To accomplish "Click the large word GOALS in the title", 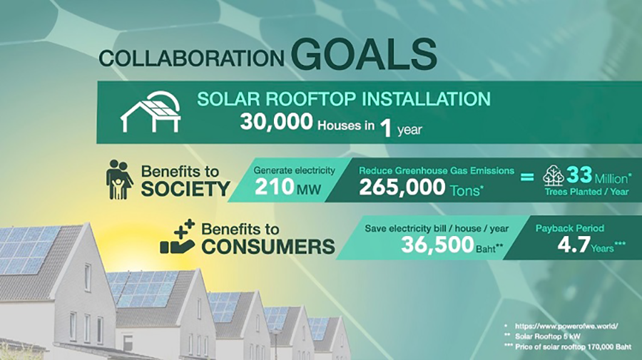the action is click(x=364, y=54).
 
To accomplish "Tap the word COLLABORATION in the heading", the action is click(x=192, y=58).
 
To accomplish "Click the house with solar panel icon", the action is click(x=151, y=112).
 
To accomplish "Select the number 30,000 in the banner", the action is click(x=276, y=121).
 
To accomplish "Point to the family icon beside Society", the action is click(x=119, y=180).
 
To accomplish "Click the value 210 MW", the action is click(x=287, y=187).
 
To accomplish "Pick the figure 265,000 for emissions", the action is click(x=402, y=187).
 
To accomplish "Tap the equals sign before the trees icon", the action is click(x=527, y=177).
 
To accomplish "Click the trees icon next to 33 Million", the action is click(x=553, y=176).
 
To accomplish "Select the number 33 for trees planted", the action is click(x=579, y=175).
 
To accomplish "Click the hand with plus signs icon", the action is click(x=178, y=237).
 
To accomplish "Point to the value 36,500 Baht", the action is click(x=452, y=245).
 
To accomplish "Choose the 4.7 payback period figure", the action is click(x=574, y=245).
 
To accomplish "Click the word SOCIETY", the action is click(x=185, y=189).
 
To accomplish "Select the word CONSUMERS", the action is click(x=268, y=247).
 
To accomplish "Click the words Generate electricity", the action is click(x=295, y=170).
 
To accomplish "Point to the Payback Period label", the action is click(x=570, y=228).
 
